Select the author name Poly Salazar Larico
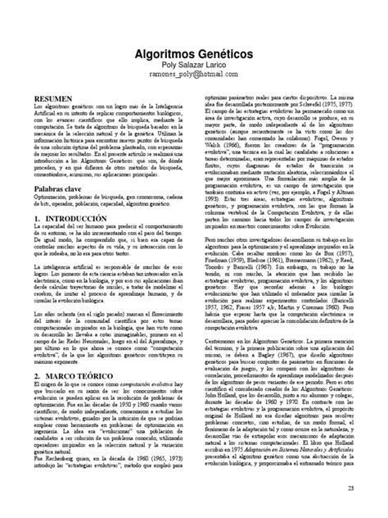(x=193, y=64)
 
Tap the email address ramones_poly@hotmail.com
(x=193, y=75)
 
